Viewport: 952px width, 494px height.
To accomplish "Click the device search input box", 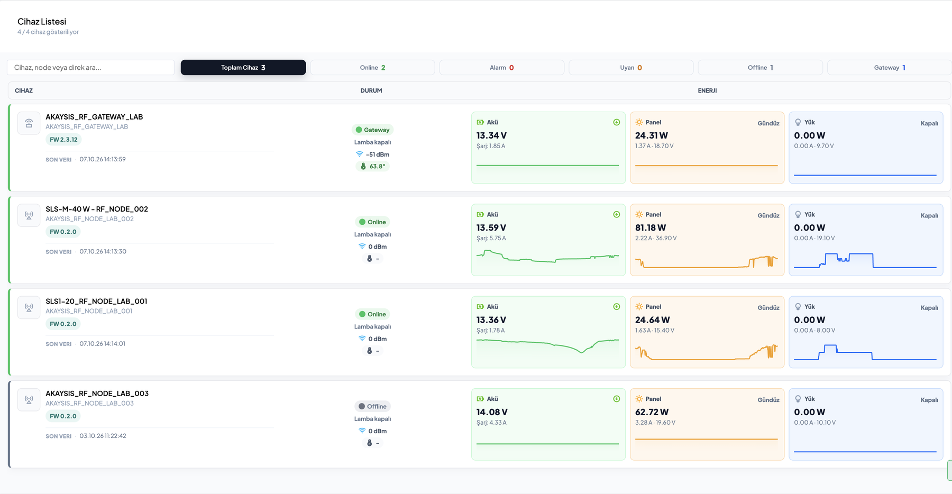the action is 90,68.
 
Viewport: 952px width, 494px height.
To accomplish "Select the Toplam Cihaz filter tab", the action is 243,68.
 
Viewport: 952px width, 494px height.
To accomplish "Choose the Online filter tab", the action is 372,68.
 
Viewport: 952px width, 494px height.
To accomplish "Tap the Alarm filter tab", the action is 502,68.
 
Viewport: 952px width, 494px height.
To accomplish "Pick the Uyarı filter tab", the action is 631,68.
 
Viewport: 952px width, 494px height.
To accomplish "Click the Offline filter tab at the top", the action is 761,68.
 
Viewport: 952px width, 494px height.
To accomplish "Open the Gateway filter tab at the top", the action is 890,68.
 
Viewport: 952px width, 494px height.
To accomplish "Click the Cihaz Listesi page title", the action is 42,22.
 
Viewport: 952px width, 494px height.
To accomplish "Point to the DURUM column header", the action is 371,91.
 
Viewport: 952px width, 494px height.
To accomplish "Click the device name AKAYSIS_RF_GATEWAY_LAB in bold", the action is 94,117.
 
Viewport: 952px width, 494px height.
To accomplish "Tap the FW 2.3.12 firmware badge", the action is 63,140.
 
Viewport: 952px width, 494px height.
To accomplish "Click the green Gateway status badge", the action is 372,130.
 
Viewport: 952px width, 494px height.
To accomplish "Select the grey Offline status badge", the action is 372,407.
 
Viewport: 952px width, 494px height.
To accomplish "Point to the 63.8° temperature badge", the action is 372,167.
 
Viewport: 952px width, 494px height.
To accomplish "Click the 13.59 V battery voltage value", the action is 491,228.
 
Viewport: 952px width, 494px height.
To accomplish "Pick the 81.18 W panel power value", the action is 651,228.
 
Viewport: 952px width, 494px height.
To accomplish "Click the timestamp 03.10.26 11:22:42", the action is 103,436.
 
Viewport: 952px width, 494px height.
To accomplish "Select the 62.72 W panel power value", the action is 652,413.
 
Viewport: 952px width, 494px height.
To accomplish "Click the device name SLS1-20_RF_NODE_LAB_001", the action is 96,301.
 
